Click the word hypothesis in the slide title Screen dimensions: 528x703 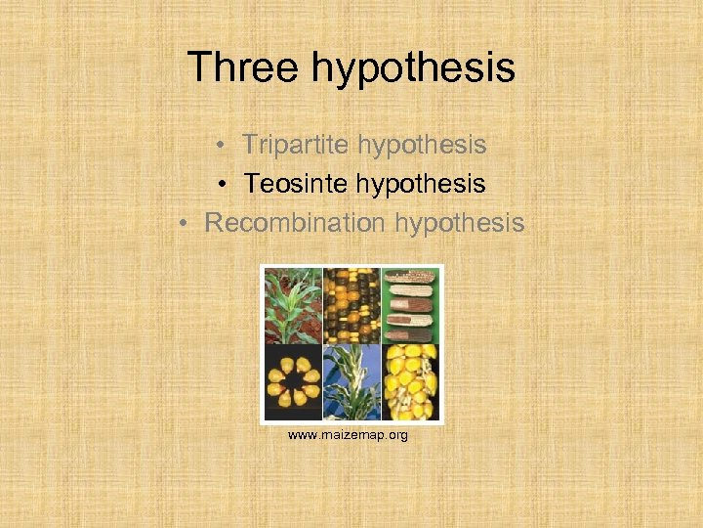[414, 68]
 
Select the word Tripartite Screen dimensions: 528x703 [296, 146]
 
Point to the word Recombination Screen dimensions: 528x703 [295, 223]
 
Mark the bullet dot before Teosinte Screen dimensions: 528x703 [225, 185]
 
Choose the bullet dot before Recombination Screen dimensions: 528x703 [186, 224]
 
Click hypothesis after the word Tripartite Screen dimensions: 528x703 [422, 146]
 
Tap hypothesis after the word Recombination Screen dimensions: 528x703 [460, 223]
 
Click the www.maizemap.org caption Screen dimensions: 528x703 [348, 434]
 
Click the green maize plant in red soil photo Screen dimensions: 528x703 [292, 305]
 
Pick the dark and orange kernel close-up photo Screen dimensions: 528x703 [351, 305]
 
